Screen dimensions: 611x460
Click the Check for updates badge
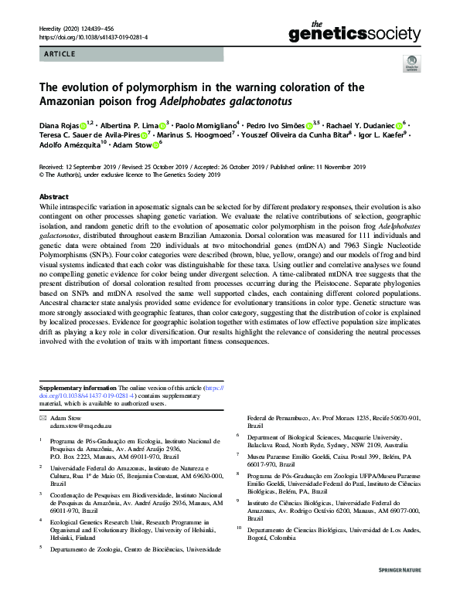[409, 64]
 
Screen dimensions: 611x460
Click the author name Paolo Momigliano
[203, 125]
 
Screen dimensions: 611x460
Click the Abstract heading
[54, 198]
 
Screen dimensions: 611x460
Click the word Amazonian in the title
[71, 101]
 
